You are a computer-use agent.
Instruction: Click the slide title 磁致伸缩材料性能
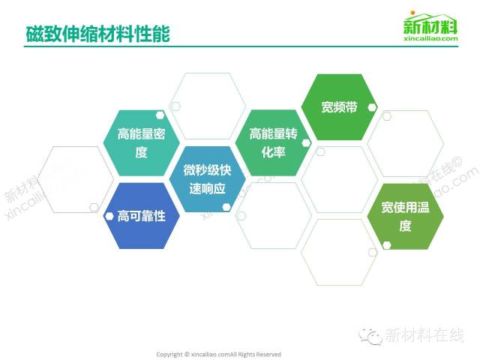click(97, 33)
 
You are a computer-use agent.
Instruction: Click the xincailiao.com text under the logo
click(430, 38)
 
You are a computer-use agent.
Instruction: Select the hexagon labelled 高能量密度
click(142, 143)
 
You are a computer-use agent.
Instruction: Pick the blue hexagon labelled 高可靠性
click(142, 216)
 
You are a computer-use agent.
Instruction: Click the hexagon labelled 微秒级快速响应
click(207, 179)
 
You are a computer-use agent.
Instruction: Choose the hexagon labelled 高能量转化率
click(273, 143)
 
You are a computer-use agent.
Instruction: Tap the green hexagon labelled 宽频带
click(339, 107)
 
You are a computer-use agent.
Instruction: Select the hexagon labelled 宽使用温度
click(405, 217)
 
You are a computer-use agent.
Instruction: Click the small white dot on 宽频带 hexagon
click(372, 107)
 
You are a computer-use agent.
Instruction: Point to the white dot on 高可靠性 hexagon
click(109, 216)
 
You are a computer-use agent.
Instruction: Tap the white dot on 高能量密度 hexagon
click(160, 115)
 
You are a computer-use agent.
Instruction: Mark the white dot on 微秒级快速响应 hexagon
click(226, 207)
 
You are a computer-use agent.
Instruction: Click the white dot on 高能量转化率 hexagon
click(306, 143)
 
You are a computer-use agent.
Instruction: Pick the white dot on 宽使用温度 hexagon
click(387, 245)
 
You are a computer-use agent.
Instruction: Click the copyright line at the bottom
click(218, 355)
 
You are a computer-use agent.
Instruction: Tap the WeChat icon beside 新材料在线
click(370, 336)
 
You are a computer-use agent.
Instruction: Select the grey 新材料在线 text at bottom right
click(424, 335)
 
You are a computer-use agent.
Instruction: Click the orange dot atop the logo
click(412, 13)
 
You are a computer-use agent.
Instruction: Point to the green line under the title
click(241, 46)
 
